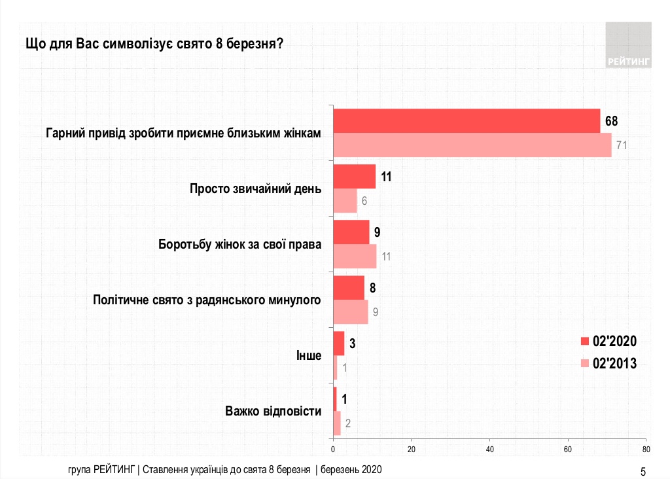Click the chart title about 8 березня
coord(154,44)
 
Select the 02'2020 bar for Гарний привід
coord(467,120)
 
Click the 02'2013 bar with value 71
coord(472,145)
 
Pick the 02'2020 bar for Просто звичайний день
coord(354,177)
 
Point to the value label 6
coord(364,200)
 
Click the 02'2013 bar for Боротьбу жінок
coord(355,256)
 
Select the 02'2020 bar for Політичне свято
coord(349,288)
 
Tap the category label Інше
coord(309,356)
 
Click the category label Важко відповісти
coord(273,412)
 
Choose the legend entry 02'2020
coord(608,341)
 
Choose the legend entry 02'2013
coord(608,364)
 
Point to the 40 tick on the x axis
coord(489,450)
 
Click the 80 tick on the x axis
coord(645,450)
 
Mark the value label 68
coord(611,121)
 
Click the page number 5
coord(643,471)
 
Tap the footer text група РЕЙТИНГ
coord(101,470)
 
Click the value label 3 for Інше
coord(351,343)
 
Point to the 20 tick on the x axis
coord(412,450)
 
